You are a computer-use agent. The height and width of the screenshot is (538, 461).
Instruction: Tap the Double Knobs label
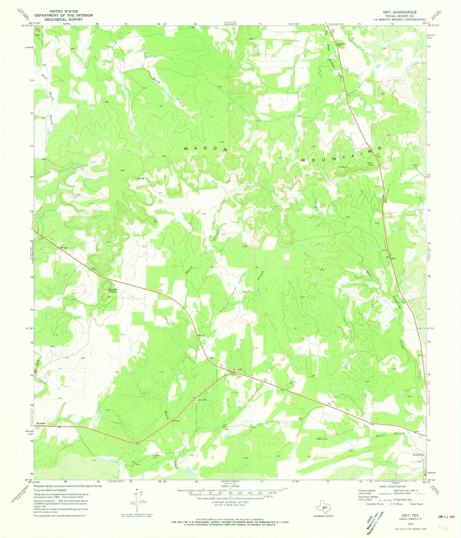click(113, 291)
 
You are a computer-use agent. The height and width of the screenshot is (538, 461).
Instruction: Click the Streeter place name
click(41, 423)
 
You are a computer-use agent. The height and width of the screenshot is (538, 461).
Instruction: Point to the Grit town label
click(211, 358)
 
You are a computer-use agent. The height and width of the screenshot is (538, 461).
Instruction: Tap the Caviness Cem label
click(156, 456)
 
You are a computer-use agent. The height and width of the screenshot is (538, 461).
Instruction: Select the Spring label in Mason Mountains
click(141, 178)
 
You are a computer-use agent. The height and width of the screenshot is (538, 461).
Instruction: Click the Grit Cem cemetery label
click(265, 380)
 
